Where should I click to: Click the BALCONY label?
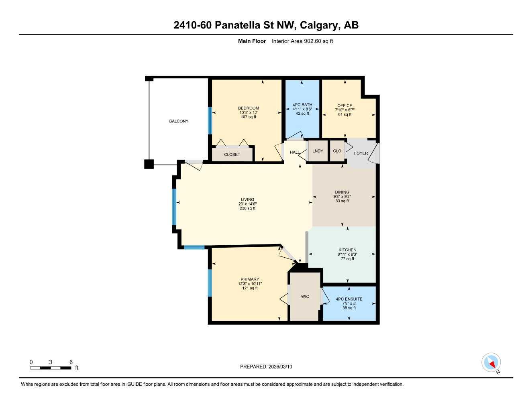(x=179, y=121)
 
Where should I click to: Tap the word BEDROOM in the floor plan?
(x=248, y=108)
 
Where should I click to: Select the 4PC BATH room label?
(x=302, y=105)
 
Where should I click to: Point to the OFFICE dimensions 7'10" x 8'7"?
(x=344, y=110)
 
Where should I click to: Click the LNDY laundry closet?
(x=318, y=151)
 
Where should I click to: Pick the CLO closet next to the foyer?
(x=337, y=151)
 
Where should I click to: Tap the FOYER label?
(x=361, y=153)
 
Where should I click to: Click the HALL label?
(x=295, y=153)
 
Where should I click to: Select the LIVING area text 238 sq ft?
(x=247, y=208)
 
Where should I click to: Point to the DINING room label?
(x=342, y=192)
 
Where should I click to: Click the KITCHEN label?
(x=347, y=250)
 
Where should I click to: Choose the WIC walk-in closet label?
(x=305, y=297)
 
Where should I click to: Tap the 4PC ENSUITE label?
(x=349, y=299)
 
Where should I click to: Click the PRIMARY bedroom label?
(x=250, y=279)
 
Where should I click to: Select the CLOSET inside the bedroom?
(x=232, y=155)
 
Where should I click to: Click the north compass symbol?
(x=491, y=363)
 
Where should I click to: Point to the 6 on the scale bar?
(x=71, y=362)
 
